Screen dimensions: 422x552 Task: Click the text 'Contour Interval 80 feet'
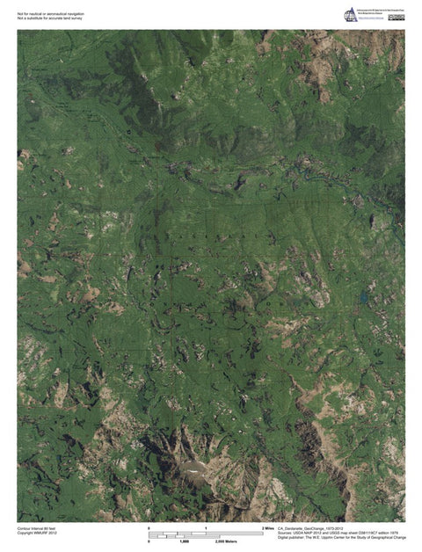pos(36,527)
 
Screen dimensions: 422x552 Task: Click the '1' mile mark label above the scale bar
pos(206,527)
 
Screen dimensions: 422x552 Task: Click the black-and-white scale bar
pos(206,534)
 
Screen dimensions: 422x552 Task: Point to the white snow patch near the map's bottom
pos(193,471)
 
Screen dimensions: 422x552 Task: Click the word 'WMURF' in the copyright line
pos(40,532)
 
